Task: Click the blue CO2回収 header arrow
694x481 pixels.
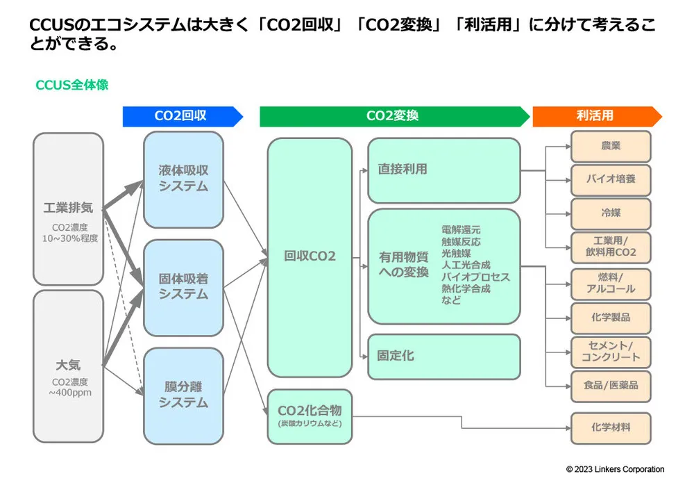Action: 182,116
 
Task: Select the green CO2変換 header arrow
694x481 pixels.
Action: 393,116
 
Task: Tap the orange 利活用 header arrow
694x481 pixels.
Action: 595,116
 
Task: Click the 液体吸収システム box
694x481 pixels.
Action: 183,179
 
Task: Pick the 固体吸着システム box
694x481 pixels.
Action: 183,286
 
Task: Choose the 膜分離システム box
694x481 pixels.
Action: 183,395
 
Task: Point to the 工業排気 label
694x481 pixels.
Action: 68,209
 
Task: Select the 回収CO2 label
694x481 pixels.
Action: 310,256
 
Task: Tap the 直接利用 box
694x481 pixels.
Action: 443,170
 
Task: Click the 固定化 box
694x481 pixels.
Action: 443,356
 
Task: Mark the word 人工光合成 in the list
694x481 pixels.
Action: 465,265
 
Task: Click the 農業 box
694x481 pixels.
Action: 611,147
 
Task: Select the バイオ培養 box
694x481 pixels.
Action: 611,179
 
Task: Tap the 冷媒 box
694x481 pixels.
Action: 611,213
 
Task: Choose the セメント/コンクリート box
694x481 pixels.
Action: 611,351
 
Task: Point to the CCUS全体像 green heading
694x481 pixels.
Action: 71,85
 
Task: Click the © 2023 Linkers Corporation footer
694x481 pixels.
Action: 615,469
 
